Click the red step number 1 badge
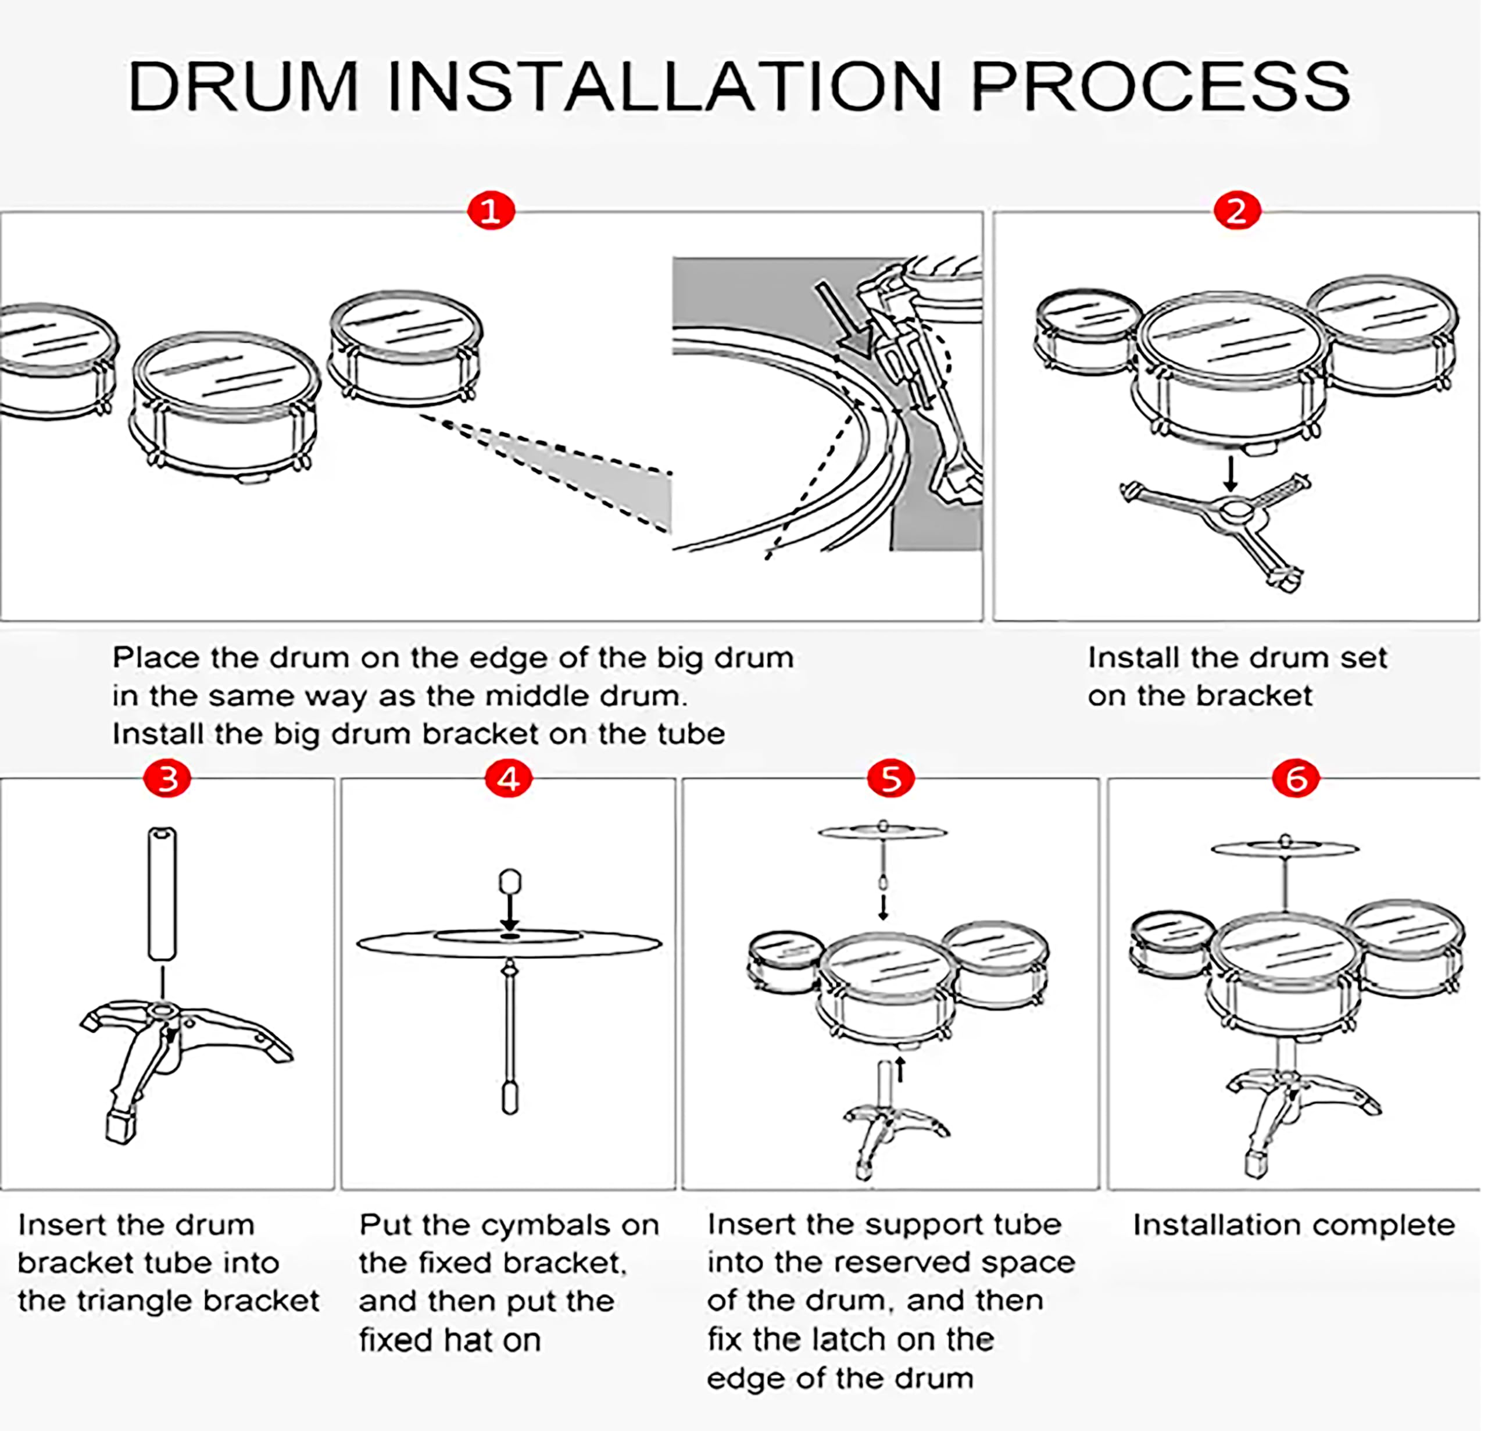[491, 210]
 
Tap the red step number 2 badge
[1237, 210]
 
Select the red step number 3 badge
[167, 778]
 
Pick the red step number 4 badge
[509, 778]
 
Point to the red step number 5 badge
[890, 778]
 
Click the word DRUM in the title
[243, 86]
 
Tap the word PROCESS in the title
[1161, 86]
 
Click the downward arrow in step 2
[1232, 472]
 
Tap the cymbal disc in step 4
[509, 943]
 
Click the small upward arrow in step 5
[901, 1069]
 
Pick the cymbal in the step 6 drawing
[1285, 848]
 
